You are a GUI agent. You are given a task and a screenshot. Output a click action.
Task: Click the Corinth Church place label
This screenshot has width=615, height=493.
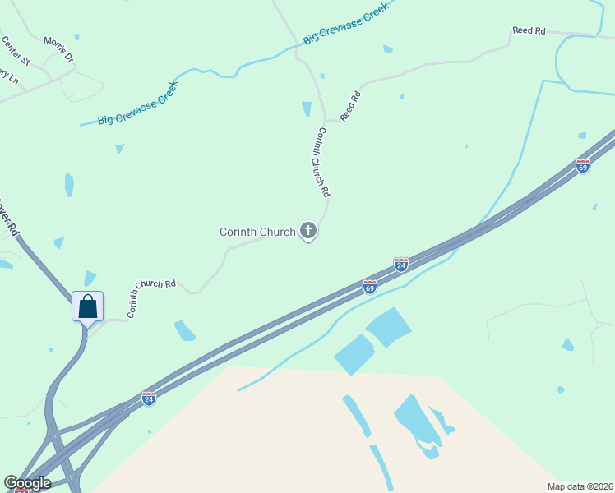(257, 233)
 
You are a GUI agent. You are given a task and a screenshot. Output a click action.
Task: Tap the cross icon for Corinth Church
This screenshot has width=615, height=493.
(308, 231)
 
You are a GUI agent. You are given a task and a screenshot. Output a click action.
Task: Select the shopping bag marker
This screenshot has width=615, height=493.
(87, 307)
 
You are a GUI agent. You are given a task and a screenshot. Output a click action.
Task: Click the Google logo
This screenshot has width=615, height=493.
(26, 483)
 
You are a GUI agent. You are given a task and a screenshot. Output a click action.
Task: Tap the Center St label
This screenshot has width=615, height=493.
(16, 50)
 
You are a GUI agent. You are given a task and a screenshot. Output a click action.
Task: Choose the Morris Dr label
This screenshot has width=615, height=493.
(58, 49)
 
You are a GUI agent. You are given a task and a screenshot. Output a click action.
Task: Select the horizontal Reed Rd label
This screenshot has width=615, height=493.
(529, 30)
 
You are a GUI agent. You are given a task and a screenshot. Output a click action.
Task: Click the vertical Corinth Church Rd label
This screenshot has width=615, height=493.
(323, 162)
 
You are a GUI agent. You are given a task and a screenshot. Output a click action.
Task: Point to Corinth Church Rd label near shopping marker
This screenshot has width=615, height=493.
(150, 298)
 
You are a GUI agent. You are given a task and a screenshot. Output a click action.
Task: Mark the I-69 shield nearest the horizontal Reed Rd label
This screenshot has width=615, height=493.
(583, 166)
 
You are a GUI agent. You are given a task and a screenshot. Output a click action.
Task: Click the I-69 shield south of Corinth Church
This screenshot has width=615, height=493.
(370, 287)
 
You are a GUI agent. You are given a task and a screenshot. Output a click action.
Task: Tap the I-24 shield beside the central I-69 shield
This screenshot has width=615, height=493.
(401, 264)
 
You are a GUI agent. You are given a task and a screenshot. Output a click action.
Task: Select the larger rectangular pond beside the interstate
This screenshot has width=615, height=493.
(388, 327)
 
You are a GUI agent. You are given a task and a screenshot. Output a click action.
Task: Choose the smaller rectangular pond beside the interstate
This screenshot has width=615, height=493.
(354, 354)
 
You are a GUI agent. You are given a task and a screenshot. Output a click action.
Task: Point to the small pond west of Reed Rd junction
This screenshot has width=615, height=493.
(307, 108)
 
